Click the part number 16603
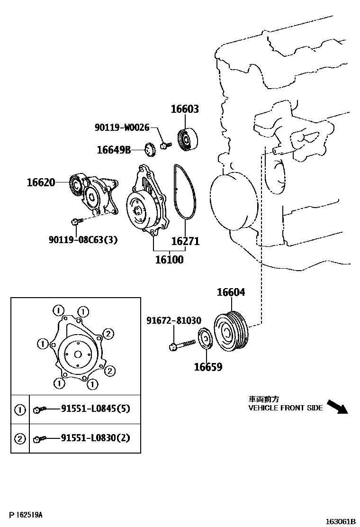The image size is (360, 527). pos(185,109)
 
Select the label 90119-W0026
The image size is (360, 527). pos(122,127)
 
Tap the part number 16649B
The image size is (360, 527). pos(114,150)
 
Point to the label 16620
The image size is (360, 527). pos(41,182)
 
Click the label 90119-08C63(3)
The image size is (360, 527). pos(83,240)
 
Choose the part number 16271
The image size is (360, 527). pos(185,241)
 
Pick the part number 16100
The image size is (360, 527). pos(169,260)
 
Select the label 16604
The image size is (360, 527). pos(231,292)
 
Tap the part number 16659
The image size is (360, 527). pos(207,367)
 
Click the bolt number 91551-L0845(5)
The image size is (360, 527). pos(95,409)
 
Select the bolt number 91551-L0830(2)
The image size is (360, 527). pos(95,438)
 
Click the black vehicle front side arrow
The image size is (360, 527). pos(337,407)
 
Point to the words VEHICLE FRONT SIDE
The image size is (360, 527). pos(285,408)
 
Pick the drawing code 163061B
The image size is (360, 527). pos(340,521)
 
